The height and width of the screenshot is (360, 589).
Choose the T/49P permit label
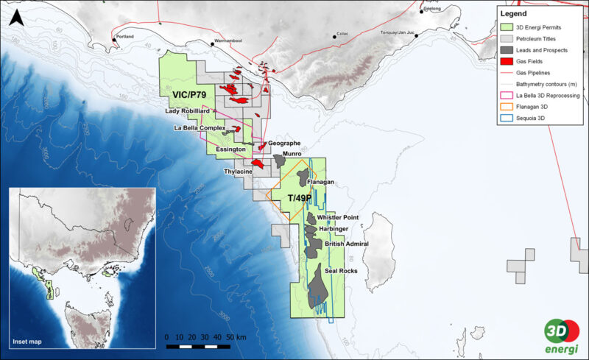click(300, 199)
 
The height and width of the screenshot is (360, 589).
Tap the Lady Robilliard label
click(189, 112)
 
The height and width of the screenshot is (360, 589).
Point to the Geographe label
click(285, 143)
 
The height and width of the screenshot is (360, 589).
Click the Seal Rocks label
click(341, 272)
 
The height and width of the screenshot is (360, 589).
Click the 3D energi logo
click(560, 335)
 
